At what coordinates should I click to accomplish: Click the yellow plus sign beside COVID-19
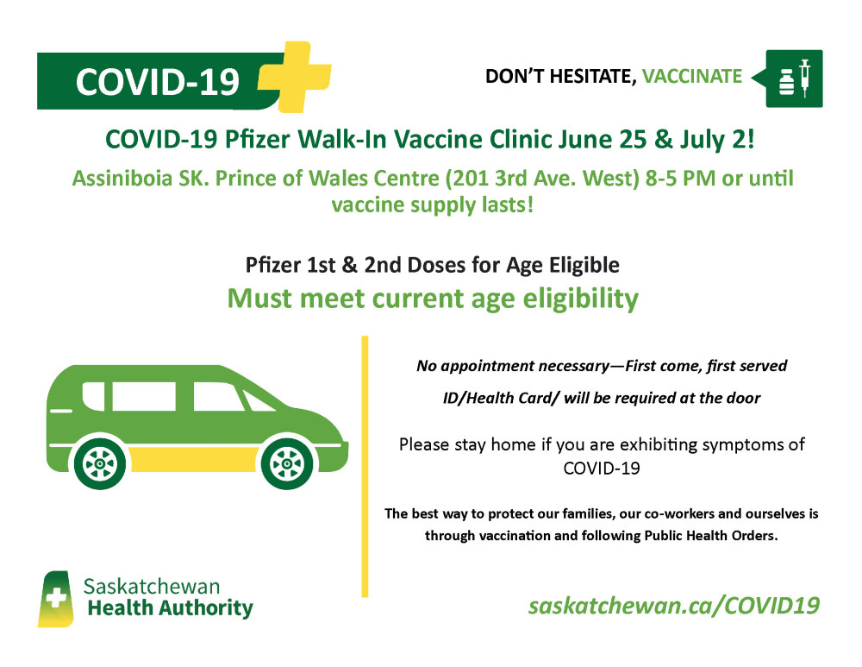click(295, 77)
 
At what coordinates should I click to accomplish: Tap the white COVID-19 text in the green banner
click(157, 82)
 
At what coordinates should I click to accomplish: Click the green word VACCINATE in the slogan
click(692, 76)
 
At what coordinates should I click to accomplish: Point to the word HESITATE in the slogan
click(593, 77)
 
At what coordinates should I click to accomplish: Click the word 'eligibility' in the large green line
click(580, 299)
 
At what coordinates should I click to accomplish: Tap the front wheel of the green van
click(287, 464)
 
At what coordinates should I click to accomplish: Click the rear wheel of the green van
click(100, 464)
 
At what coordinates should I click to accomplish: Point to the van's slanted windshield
click(257, 400)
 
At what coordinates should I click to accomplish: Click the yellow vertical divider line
click(365, 466)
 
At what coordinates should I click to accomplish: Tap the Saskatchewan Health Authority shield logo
click(56, 599)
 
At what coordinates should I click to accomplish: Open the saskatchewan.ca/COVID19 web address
click(674, 606)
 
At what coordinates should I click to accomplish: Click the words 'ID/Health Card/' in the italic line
click(502, 398)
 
